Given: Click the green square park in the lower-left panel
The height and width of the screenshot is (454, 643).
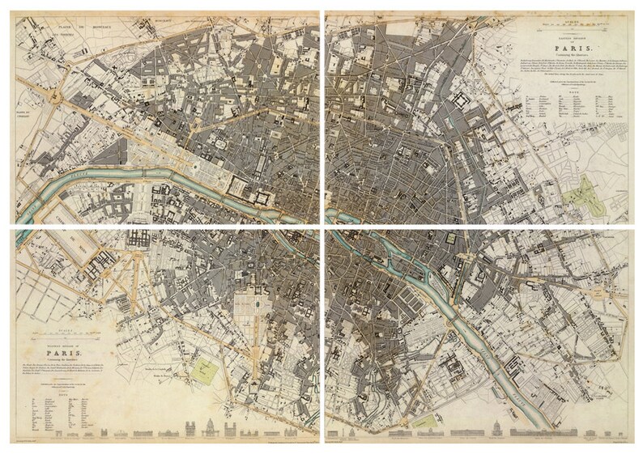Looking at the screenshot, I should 207,371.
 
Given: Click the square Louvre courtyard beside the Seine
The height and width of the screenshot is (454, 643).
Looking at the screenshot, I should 263,196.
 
